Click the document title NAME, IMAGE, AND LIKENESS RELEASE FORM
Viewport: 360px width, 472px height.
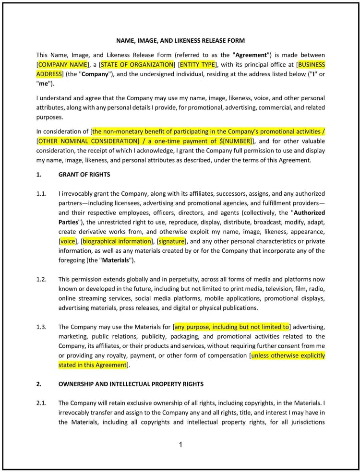coord(180,41)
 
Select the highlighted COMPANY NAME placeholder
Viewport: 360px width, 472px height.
coord(63,64)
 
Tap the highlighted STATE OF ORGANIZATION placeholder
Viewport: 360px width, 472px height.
coord(137,64)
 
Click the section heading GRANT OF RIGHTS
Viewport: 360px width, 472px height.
coord(84,175)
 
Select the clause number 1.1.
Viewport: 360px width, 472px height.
coord(41,194)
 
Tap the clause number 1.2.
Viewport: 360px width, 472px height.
coord(41,279)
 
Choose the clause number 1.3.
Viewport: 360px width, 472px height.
coord(41,327)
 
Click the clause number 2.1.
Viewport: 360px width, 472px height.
coord(41,403)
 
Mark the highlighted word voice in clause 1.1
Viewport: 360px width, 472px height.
coord(68,241)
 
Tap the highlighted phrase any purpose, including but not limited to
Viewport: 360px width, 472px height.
coord(231,327)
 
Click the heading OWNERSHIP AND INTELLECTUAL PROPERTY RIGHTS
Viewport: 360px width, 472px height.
coord(131,384)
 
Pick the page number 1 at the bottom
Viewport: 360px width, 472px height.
coord(180,445)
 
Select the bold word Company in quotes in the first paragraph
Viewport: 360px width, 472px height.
coord(95,74)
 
